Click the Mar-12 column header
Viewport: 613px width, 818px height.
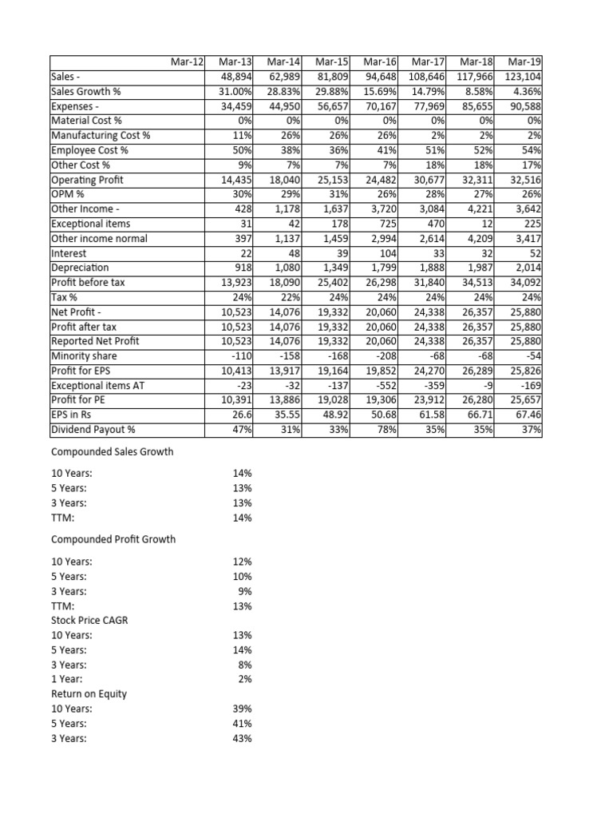(187, 62)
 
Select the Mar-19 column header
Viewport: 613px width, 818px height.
(524, 62)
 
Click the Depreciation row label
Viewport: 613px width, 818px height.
(80, 268)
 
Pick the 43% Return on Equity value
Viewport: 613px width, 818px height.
(242, 738)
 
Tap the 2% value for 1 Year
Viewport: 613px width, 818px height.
(245, 679)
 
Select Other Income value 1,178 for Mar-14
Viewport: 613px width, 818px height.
(286, 209)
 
